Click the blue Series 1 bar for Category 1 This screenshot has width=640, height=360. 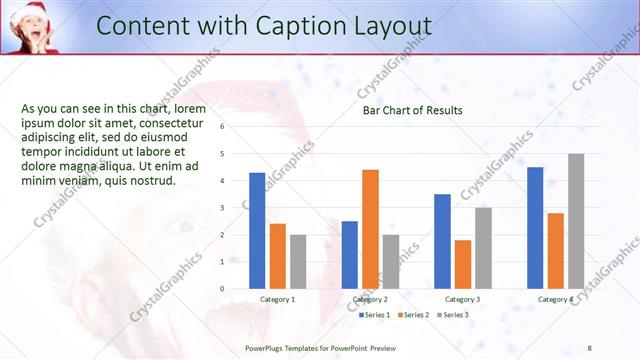tap(257, 230)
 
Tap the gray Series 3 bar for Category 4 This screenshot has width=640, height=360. tap(576, 221)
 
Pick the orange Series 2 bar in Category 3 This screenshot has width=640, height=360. tap(462, 264)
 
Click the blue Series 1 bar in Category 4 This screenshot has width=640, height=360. tap(535, 227)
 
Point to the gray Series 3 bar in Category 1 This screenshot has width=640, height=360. tap(298, 261)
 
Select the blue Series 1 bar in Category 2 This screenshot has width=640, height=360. tap(350, 254)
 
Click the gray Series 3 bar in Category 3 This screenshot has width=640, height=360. tap(483, 248)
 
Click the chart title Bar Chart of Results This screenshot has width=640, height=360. tap(412, 110)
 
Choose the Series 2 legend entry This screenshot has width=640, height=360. tap(412, 315)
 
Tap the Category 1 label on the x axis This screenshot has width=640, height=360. tap(277, 299)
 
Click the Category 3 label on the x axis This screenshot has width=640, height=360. tap(462, 299)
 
